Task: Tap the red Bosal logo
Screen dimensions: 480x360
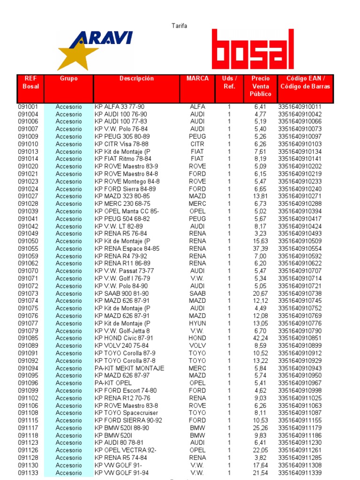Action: [253, 49]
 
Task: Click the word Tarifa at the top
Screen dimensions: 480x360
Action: [179, 26]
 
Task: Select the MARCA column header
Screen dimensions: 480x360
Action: [197, 79]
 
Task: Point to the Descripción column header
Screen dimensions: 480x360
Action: [136, 79]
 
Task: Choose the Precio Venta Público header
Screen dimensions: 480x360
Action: [260, 86]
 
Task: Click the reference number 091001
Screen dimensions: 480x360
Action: [28, 106]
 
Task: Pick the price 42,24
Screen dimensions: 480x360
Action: [260, 338]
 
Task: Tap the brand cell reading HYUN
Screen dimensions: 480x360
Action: [197, 323]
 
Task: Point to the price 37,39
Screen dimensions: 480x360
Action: [260, 248]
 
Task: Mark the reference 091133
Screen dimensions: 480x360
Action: [28, 472]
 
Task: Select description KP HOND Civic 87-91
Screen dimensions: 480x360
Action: [124, 338]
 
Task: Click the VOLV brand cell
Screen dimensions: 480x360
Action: [197, 345]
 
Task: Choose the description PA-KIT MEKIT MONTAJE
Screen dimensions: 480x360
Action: [129, 368]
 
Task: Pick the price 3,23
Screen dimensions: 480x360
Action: [260, 233]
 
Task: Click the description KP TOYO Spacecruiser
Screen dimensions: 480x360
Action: [126, 412]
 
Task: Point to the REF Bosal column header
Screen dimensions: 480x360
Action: [31, 82]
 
